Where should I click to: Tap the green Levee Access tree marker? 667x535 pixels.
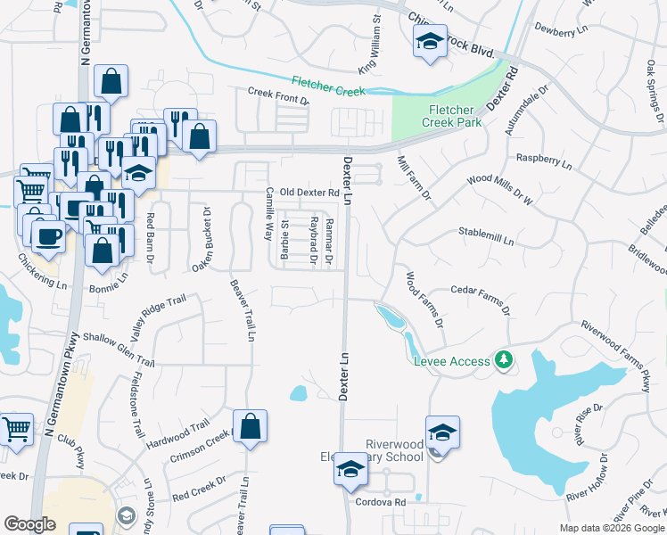(x=506, y=359)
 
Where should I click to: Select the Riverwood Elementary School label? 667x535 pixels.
(x=395, y=450)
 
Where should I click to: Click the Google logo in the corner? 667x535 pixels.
(x=29, y=524)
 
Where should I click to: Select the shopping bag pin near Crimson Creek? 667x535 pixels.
(x=251, y=426)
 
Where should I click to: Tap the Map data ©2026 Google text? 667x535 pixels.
(x=611, y=528)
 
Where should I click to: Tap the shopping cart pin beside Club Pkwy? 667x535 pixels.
(x=16, y=430)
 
